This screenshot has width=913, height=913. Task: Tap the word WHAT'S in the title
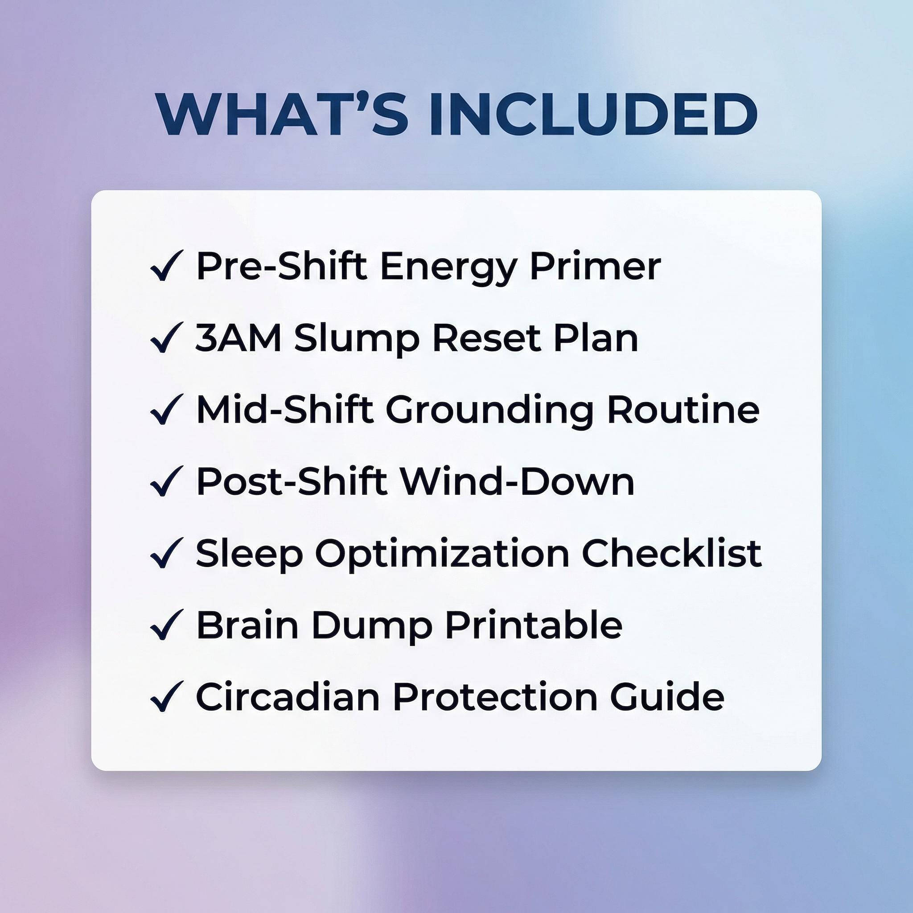282,115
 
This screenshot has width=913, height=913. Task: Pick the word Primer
595,266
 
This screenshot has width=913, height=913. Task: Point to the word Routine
683,409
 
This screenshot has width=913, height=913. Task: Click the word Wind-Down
517,481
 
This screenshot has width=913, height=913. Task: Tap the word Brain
247,625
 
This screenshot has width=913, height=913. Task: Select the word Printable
533,625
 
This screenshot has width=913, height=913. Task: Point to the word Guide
666,697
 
